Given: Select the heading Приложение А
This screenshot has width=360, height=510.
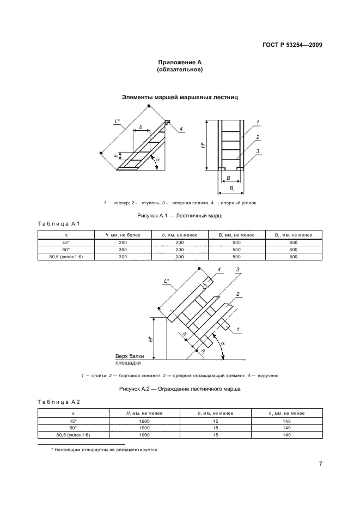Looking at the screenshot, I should pos(180,63).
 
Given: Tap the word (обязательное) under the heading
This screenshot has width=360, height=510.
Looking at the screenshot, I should pos(180,70).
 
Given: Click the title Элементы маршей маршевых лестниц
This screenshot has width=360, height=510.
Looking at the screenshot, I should pos(180,98).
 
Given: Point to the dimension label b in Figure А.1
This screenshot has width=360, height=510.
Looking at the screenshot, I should pos(141,127).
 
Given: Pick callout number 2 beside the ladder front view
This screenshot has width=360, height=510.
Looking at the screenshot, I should pos(258,137).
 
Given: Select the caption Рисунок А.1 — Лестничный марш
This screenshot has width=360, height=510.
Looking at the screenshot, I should pos(180,216).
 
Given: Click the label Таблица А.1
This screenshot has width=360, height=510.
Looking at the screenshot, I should pos(58,224).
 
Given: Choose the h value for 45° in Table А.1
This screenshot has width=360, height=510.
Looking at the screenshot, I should pos(123,241).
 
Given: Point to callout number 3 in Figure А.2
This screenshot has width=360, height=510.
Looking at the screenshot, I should pos(238,270).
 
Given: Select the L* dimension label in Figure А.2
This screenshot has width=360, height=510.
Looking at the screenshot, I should pos(168,281).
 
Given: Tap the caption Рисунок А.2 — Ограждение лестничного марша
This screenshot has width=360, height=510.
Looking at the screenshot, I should pos(180,389).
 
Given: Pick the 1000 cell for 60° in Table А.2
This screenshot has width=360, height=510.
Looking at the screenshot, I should pos(144,428).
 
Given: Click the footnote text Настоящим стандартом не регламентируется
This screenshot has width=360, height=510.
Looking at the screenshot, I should pos(104,450).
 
